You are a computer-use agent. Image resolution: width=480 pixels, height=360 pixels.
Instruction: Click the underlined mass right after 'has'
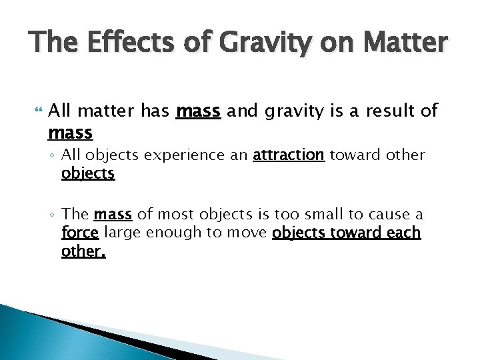pos(198,110)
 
